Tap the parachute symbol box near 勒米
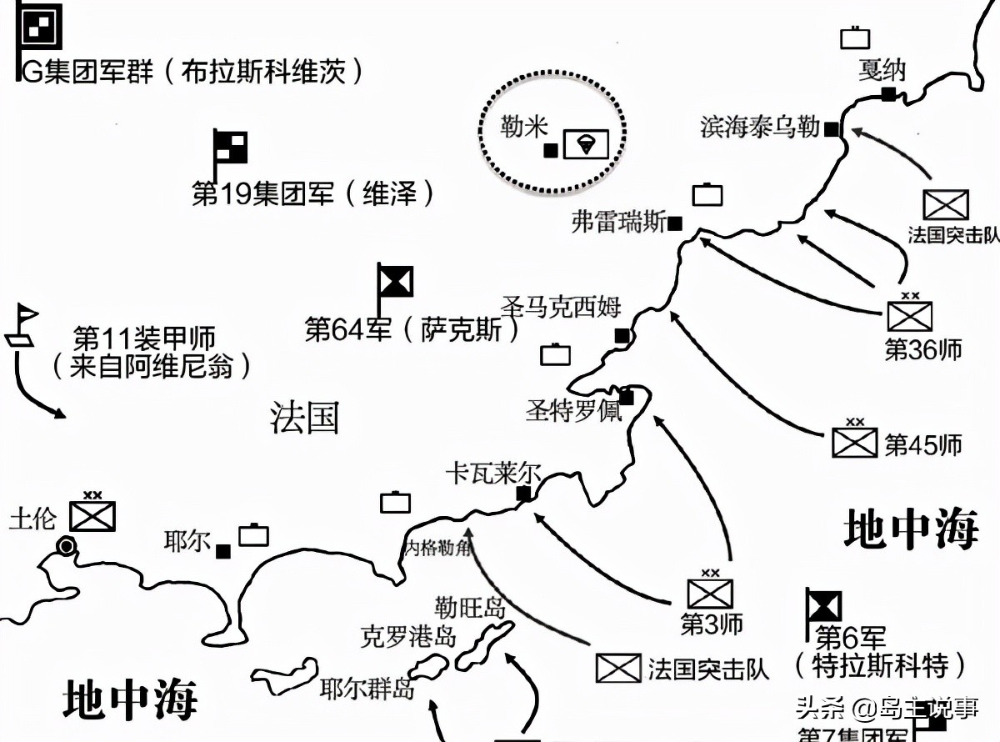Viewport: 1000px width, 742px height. click(x=586, y=145)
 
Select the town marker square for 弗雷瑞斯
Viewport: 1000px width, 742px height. click(x=676, y=223)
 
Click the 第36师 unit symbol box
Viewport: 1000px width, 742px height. click(x=909, y=315)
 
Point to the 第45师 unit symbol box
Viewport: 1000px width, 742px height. click(x=855, y=441)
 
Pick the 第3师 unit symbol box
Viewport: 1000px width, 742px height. click(x=710, y=592)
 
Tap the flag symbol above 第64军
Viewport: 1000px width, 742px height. click(x=394, y=282)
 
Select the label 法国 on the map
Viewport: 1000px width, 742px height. click(x=305, y=417)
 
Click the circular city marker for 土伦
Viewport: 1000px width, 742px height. click(x=65, y=546)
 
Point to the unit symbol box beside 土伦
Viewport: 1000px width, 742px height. click(x=92, y=515)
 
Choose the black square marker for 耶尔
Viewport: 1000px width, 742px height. click(x=223, y=551)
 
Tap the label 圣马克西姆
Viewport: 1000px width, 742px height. click(x=562, y=306)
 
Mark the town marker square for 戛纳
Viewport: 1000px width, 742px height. click(x=889, y=94)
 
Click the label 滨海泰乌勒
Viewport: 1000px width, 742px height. click(x=760, y=128)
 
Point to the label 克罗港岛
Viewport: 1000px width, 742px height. click(x=408, y=637)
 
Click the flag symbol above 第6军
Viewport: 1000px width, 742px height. click(x=823, y=606)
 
